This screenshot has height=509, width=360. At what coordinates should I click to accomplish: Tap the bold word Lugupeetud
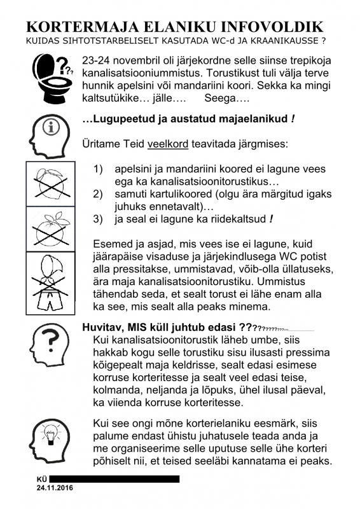121,119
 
